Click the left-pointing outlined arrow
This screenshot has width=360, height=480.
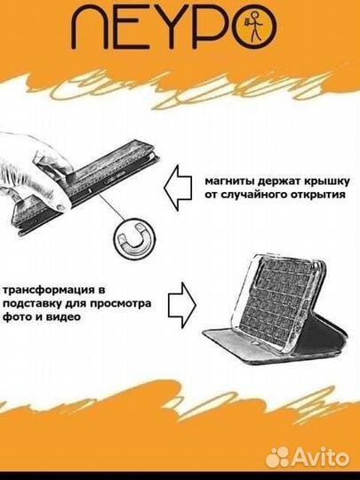[x=178, y=188]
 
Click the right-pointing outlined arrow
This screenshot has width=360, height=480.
[x=182, y=305]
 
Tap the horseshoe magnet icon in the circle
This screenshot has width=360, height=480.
[x=135, y=237]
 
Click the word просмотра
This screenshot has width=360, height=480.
[x=121, y=304]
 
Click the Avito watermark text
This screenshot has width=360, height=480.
[x=320, y=458]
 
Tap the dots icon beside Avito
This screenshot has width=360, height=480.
[x=277, y=458]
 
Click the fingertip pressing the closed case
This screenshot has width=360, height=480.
[x=61, y=207]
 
